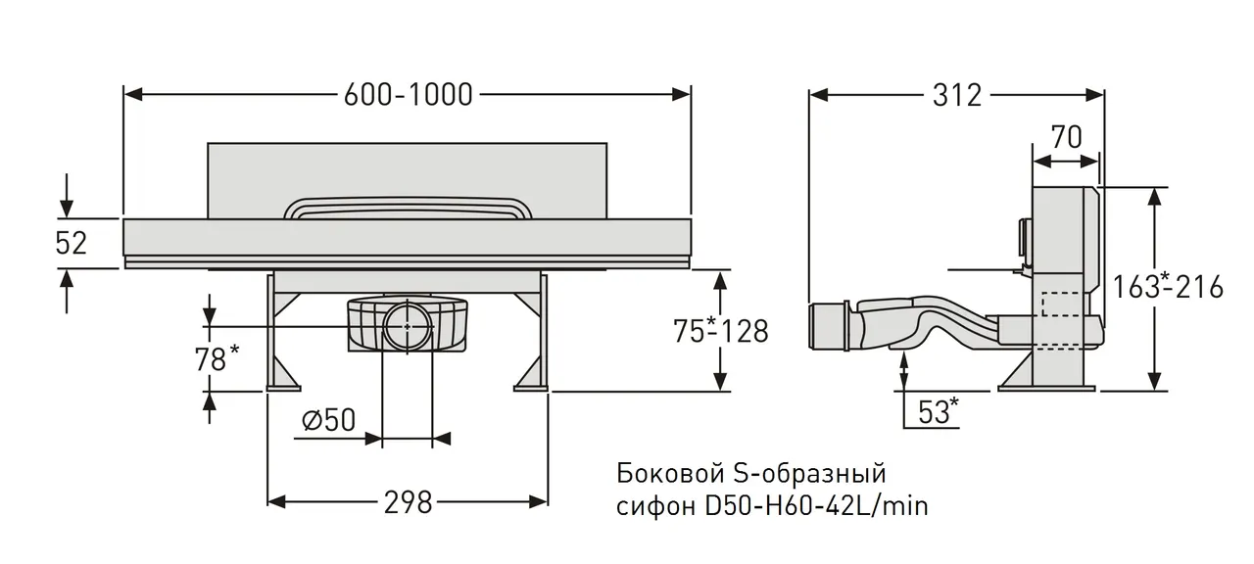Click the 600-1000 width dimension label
pyautogui.click(x=408, y=94)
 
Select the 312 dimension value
pyautogui.click(x=956, y=95)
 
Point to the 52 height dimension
pyautogui.click(x=71, y=243)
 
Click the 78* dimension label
pyautogui.click(x=217, y=359)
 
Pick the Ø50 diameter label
pyautogui.click(x=328, y=421)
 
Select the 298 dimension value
pyautogui.click(x=407, y=502)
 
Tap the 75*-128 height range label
pyautogui.click(x=721, y=331)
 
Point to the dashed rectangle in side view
pyautogui.click(x=1061, y=305)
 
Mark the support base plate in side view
pyautogui.click(x=1044, y=387)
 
